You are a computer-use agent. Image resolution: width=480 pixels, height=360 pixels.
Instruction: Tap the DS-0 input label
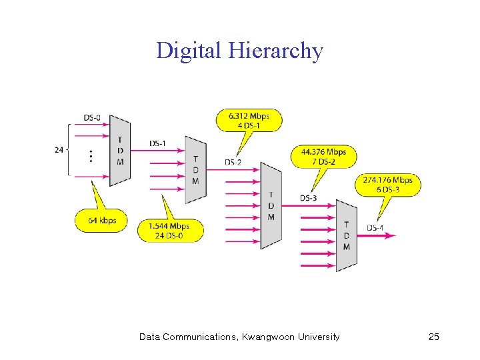(x=93, y=118)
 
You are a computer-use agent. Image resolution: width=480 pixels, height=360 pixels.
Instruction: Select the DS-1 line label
(x=158, y=143)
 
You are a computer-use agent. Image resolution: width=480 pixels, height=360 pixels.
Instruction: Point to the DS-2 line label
(x=233, y=162)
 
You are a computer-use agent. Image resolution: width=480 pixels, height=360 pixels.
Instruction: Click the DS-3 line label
(x=309, y=197)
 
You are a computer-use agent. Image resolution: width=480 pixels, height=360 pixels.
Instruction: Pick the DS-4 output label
(x=375, y=228)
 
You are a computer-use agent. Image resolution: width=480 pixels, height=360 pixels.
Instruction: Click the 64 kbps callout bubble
(x=101, y=220)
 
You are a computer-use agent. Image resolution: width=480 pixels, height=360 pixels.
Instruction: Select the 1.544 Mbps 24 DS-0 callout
(x=169, y=231)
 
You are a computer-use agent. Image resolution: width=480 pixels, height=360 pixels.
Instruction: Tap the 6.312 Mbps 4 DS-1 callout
(x=249, y=120)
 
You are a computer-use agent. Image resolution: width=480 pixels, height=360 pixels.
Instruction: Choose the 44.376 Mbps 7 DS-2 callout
(x=323, y=156)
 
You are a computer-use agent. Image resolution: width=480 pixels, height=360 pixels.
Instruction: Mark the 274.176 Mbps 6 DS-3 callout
(x=388, y=185)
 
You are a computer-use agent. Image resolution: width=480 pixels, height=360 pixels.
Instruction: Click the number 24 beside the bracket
(x=59, y=149)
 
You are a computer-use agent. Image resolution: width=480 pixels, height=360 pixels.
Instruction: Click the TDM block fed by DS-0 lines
(x=120, y=150)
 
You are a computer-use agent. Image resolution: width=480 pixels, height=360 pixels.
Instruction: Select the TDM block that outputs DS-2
(x=195, y=170)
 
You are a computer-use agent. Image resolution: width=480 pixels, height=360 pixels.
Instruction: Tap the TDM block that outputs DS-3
(x=271, y=205)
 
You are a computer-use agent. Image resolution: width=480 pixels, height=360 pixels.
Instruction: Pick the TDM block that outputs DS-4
(x=346, y=235)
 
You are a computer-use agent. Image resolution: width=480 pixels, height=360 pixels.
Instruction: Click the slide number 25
(x=434, y=337)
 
